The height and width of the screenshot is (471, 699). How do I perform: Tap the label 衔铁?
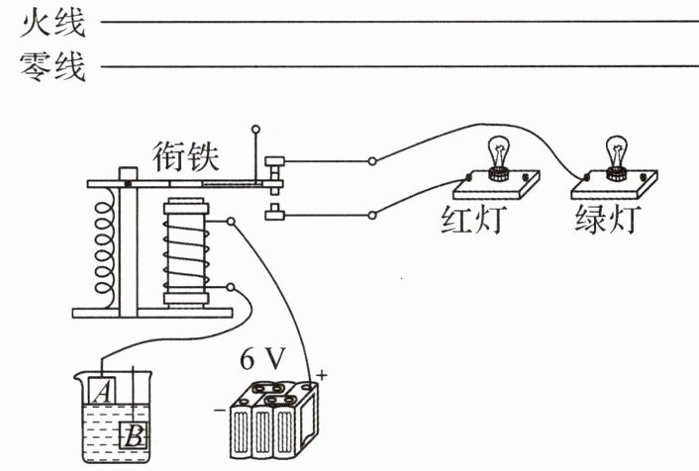pyautogui.click(x=186, y=155)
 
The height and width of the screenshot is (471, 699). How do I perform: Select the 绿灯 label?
pyautogui.click(x=607, y=219)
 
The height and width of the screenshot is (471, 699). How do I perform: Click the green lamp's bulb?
pyautogui.click(x=619, y=152)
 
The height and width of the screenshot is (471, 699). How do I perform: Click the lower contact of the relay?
pyautogui.click(x=273, y=211)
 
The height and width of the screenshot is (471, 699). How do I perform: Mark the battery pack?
pyautogui.click(x=271, y=420)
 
